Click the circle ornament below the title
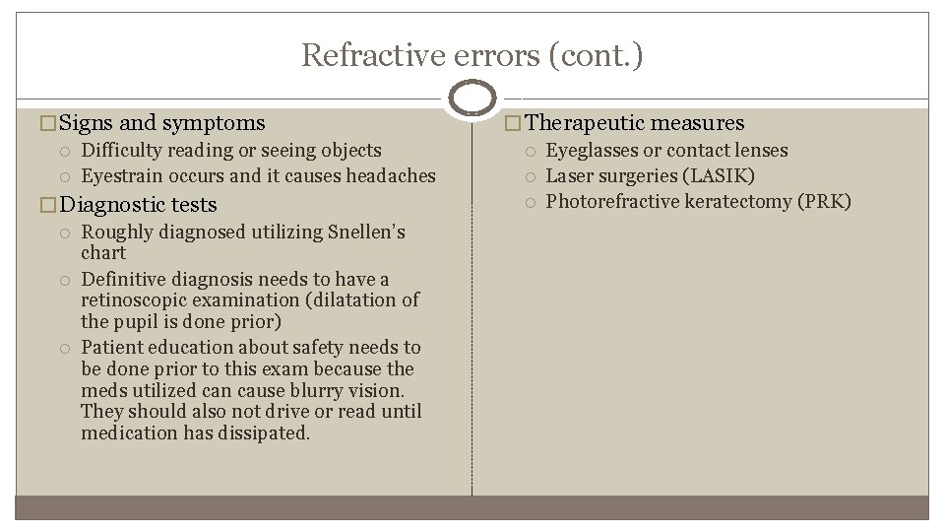472,99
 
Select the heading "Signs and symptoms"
162,123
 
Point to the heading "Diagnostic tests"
139,204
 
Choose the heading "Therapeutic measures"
637,123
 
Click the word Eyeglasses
593,150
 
